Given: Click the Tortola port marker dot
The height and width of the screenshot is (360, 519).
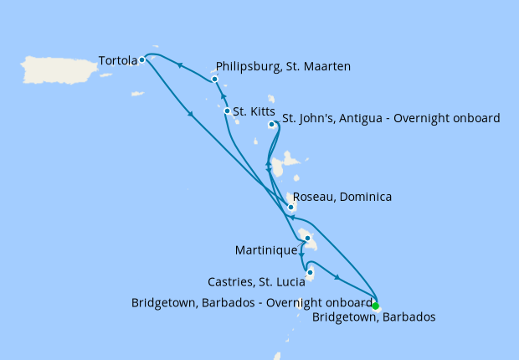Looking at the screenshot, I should [x=142, y=59].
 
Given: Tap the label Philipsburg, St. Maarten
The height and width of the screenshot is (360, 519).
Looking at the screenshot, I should [x=283, y=66].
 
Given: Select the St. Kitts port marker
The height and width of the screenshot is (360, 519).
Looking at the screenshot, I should [x=227, y=111].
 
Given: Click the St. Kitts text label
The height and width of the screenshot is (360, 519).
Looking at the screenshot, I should [x=253, y=111].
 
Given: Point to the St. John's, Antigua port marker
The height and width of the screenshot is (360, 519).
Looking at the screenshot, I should [x=271, y=125].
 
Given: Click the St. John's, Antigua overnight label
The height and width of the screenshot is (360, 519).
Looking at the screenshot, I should [x=391, y=118].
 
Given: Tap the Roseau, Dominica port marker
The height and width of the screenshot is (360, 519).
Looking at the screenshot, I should [x=290, y=207].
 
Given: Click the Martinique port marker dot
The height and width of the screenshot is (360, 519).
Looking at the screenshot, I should [x=307, y=239].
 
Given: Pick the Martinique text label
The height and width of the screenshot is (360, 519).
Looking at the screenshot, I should [x=267, y=249].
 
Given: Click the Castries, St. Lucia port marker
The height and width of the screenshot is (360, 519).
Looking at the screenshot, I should [x=310, y=272].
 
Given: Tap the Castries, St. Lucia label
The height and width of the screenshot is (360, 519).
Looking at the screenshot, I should [x=257, y=281].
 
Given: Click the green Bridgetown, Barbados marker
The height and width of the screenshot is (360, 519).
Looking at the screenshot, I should [x=375, y=306].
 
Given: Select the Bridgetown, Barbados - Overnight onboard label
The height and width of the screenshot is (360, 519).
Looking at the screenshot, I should [x=251, y=302].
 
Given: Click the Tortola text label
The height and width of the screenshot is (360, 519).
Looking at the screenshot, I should [x=117, y=60].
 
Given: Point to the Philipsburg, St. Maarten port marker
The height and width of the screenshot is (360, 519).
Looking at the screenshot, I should [x=215, y=80].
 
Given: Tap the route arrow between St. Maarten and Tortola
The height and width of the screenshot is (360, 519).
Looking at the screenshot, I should [x=180, y=65].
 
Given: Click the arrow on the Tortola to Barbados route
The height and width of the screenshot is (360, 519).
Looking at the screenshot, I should [x=192, y=115].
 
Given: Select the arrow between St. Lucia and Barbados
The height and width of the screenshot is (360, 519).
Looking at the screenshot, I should [x=337, y=278].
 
